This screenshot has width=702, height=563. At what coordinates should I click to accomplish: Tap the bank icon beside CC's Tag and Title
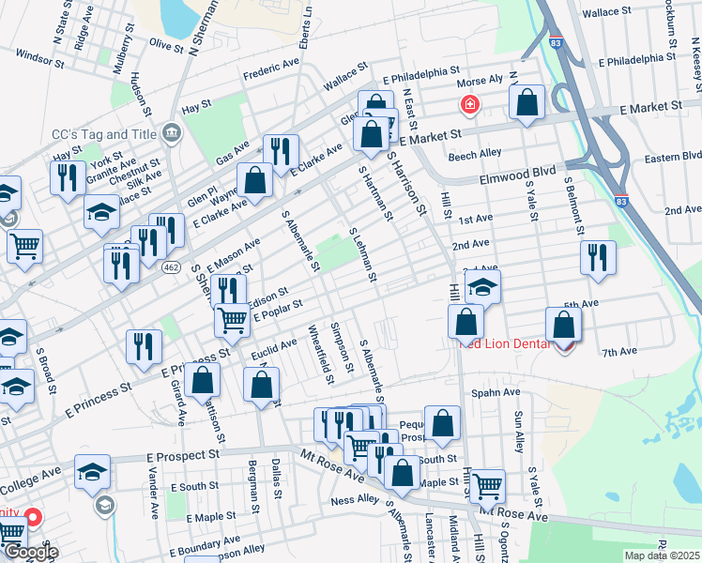(x=170, y=131)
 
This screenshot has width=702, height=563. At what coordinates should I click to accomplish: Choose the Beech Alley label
(x=475, y=155)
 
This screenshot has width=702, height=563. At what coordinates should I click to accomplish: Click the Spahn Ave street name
(x=496, y=392)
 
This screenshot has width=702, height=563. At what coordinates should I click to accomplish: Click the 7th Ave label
(x=619, y=352)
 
